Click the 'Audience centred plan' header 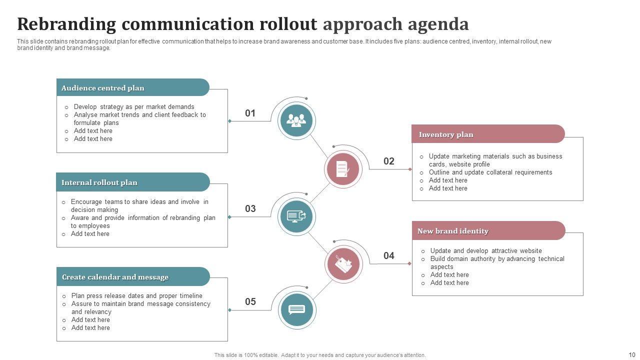[102, 88]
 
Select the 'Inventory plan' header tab [446, 134]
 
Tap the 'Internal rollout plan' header [99, 182]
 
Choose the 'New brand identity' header [453, 231]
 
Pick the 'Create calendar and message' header [115, 277]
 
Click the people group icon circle [297, 120]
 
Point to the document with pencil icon [342, 169]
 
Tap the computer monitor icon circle [296, 216]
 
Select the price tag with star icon [343, 264]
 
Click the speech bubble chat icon [296, 310]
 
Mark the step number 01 [250, 113]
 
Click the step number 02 [389, 161]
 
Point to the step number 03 [250, 208]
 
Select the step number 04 [389, 255]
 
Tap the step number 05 [250, 301]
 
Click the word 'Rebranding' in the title [66, 24]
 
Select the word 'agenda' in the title [438, 24]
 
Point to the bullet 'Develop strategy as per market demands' [134, 106]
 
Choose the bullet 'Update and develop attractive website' [486, 250]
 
